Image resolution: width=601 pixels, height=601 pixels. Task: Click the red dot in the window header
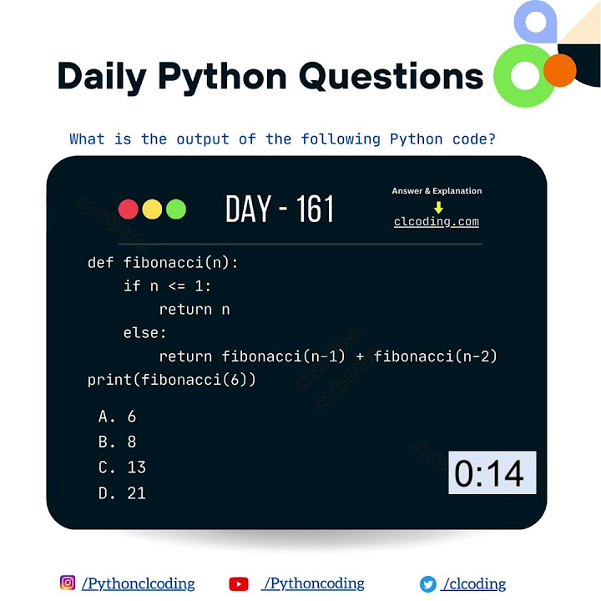[129, 210]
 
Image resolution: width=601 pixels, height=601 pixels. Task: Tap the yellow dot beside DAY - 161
[152, 210]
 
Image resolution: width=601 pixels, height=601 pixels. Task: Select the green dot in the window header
[175, 210]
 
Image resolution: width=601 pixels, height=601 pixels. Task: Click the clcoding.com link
[437, 222]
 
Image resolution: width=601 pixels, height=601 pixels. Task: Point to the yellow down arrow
[438, 207]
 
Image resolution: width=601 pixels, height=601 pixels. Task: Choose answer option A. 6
[117, 417]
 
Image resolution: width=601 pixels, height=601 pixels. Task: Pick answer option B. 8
[117, 442]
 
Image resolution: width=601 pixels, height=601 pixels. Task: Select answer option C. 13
[122, 467]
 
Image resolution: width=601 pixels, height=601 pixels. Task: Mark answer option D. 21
[122, 493]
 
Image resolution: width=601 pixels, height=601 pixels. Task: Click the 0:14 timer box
[492, 473]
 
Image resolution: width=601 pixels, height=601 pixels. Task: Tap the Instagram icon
[68, 583]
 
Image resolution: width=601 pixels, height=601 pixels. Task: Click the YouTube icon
[239, 584]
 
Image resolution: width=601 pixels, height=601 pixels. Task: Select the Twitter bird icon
[428, 584]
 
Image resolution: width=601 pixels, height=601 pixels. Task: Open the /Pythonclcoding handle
[139, 584]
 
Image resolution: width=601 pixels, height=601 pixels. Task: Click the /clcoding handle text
[474, 584]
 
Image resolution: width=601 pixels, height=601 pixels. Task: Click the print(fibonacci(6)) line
[171, 380]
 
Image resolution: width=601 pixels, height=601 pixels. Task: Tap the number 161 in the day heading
[315, 210]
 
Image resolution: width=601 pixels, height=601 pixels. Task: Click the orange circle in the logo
[560, 71]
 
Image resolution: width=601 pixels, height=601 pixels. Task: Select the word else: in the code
[145, 333]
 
